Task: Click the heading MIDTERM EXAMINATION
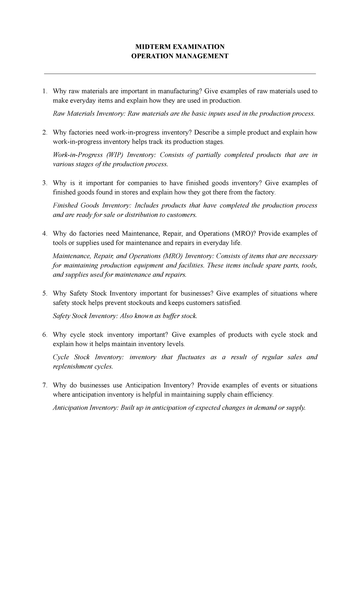pyautogui.click(x=180, y=47)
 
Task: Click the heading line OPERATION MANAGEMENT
pyautogui.click(x=180, y=56)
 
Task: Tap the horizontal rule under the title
pyautogui.click(x=180, y=74)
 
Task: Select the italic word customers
pyautogui.click(x=182, y=215)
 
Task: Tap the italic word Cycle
pyautogui.click(x=61, y=357)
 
